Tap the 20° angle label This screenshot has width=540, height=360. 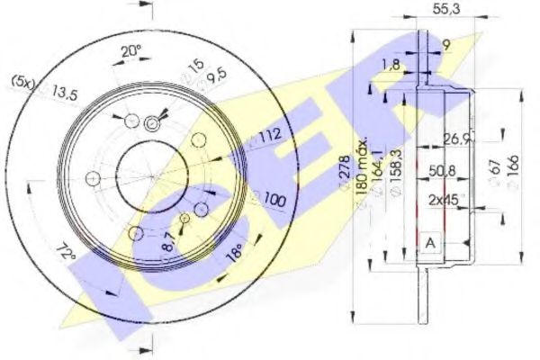click(x=132, y=52)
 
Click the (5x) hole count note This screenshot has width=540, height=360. click(x=22, y=81)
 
